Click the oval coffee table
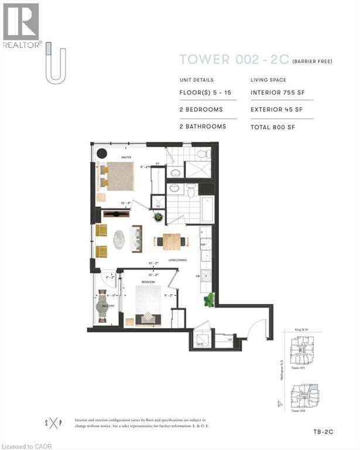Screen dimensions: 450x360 (119, 238)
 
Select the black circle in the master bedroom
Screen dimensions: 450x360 (101, 154)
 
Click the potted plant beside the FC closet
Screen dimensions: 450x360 (158, 217)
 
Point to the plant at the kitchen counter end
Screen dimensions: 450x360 (209, 301)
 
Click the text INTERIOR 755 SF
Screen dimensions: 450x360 (276, 93)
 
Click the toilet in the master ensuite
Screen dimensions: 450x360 (201, 155)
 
